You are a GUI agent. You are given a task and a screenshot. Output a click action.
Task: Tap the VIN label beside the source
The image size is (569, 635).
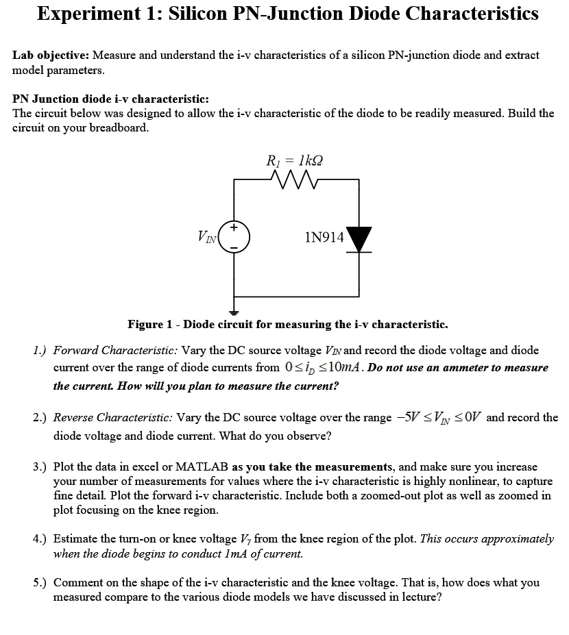206,238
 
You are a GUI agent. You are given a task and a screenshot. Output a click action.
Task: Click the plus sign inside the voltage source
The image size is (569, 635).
234,227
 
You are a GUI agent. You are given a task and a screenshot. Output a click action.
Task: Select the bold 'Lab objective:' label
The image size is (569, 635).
51,55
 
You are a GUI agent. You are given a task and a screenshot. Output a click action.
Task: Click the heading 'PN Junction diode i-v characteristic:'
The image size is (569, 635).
111,99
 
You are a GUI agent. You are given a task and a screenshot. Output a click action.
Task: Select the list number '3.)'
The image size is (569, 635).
40,467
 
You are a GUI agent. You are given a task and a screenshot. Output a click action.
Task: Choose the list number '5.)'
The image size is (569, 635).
40,582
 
